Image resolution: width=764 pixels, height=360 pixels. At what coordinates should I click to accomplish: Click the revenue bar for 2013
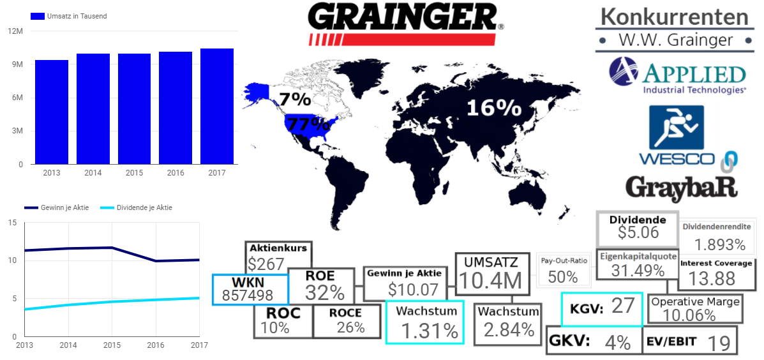point(52,112)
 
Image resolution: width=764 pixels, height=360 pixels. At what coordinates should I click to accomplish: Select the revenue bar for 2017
point(217,106)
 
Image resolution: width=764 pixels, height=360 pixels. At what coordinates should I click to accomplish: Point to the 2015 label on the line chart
point(112,345)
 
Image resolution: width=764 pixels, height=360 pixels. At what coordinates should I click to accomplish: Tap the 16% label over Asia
point(493,108)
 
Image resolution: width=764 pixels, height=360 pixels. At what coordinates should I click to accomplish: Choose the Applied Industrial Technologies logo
point(677,76)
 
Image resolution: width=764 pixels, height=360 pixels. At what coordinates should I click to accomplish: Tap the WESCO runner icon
point(676,126)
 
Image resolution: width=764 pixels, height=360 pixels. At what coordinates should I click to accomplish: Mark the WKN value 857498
point(248,296)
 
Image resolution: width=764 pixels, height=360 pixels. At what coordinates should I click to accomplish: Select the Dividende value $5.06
point(637,232)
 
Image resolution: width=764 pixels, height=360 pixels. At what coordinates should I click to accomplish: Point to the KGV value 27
point(623,306)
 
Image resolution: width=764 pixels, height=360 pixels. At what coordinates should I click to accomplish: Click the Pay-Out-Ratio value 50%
point(563,276)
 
